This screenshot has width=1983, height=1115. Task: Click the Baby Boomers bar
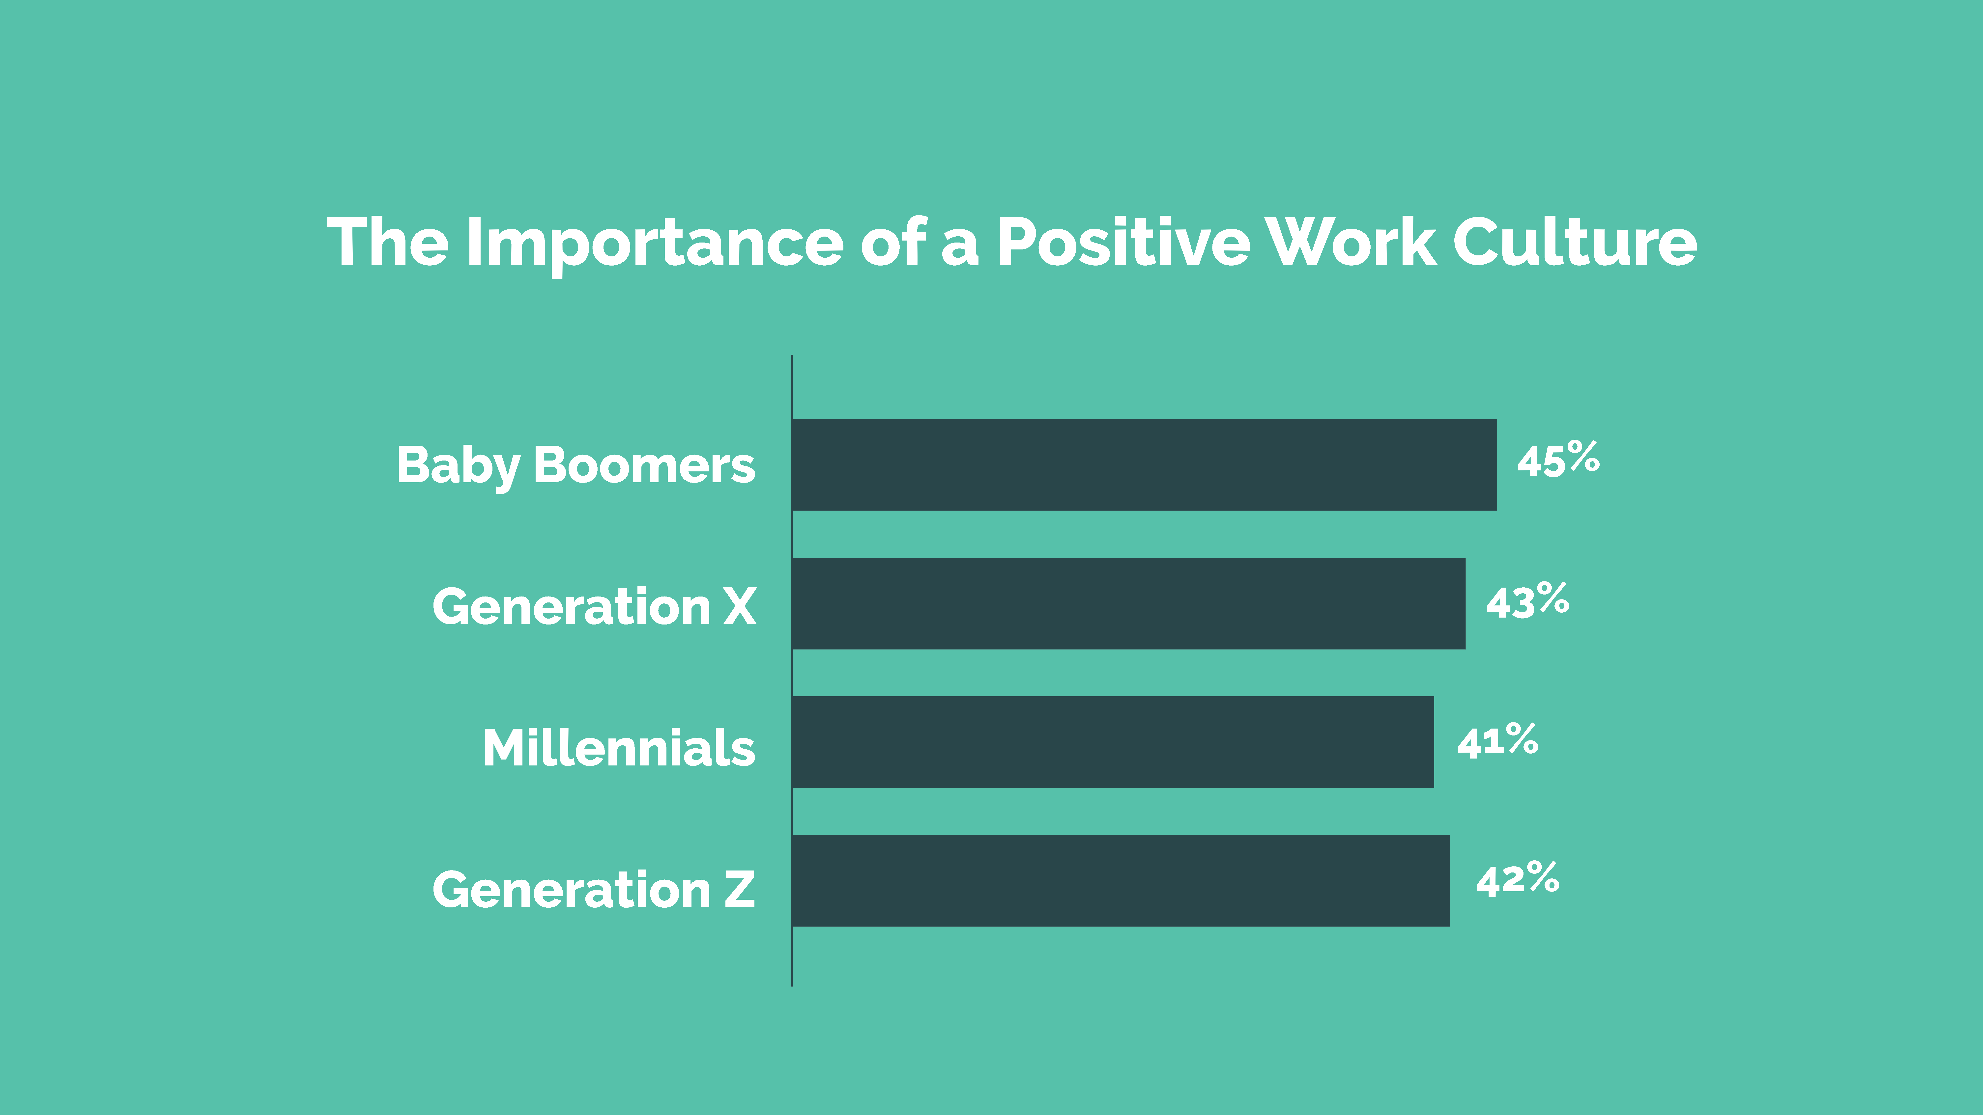pos(1144,465)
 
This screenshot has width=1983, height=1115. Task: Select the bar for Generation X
pos(1128,603)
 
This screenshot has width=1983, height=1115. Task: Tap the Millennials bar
pos(1113,742)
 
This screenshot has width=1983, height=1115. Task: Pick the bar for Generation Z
pos(1121,880)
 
